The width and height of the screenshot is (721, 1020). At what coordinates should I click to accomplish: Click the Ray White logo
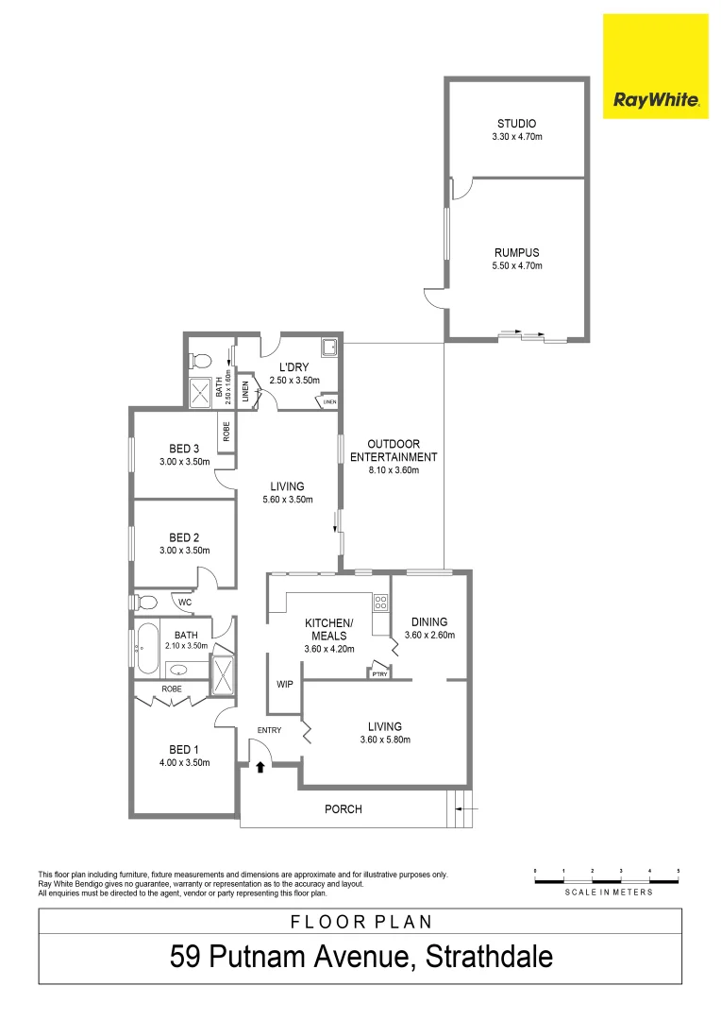(x=655, y=66)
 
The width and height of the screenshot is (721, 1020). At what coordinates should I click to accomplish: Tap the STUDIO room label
(x=516, y=124)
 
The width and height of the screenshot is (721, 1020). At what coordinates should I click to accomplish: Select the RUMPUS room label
(x=516, y=252)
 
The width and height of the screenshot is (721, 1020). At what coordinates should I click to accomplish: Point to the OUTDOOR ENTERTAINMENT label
(x=393, y=450)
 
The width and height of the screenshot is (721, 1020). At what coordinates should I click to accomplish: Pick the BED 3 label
(x=183, y=448)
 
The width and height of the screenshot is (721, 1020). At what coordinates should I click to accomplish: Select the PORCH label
(x=343, y=809)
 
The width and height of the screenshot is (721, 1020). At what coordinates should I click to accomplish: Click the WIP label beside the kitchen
(x=284, y=684)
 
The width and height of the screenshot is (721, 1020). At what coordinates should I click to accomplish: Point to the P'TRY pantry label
(x=380, y=674)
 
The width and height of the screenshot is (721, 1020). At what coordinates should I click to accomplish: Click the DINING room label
(x=429, y=621)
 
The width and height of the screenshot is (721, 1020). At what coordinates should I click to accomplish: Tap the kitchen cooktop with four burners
(x=381, y=602)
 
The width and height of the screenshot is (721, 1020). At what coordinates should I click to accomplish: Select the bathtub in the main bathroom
(x=146, y=648)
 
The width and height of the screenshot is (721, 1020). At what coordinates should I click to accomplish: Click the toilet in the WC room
(x=146, y=602)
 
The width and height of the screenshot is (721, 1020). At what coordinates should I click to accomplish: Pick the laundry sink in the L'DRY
(x=330, y=348)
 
